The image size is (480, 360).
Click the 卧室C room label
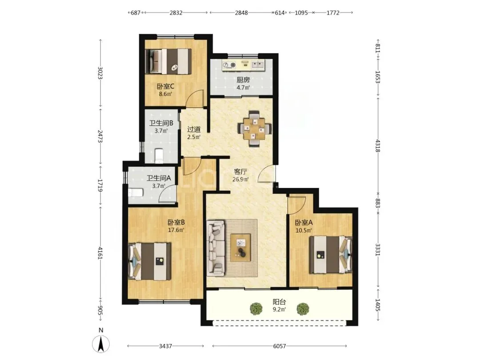pos(166,87)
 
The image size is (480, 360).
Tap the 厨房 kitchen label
pos(244,80)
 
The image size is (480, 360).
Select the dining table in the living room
pos(255,128)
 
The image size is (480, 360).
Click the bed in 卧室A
pos(331,254)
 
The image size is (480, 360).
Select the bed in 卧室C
pos(168,61)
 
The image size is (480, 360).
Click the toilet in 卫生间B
pos(159,155)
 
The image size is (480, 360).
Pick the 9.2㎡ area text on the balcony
pos(279,309)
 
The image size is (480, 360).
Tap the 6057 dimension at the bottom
pos(279,346)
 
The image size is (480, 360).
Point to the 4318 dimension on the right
pos(378,146)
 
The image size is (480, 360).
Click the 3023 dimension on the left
pos(100,73)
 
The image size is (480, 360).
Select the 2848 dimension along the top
pos(241,12)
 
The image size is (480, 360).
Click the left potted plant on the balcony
pos(256,308)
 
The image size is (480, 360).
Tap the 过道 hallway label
pos(194,129)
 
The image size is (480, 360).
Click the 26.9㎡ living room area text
pos(240,180)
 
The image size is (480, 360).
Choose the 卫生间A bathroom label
pos(159,178)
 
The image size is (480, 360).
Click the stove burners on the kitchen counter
pos(229,64)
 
